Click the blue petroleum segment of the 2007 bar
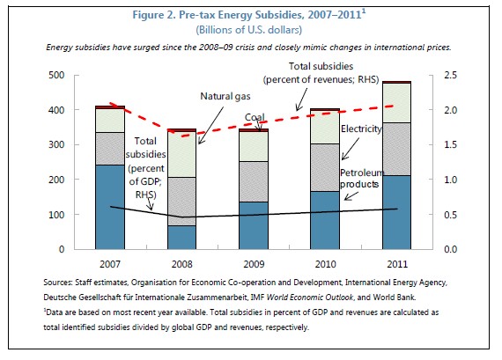click(110, 207)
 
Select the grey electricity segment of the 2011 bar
click(396, 149)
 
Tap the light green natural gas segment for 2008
click(181, 155)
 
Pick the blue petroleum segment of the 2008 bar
click(181, 238)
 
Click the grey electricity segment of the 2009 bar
click(254, 181)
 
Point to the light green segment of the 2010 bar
click(325, 128)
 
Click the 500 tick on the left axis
click(56, 75)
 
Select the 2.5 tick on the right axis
click(450, 75)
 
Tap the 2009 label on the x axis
click(254, 264)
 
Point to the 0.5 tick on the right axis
click(450, 215)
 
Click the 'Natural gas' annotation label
click(225, 96)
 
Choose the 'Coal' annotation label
click(255, 117)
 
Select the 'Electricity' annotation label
click(361, 129)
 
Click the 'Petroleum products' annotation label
click(362, 179)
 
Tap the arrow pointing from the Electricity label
click(351, 149)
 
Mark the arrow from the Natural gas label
click(210, 126)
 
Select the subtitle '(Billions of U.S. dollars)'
click(248, 30)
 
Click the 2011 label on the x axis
click(397, 264)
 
